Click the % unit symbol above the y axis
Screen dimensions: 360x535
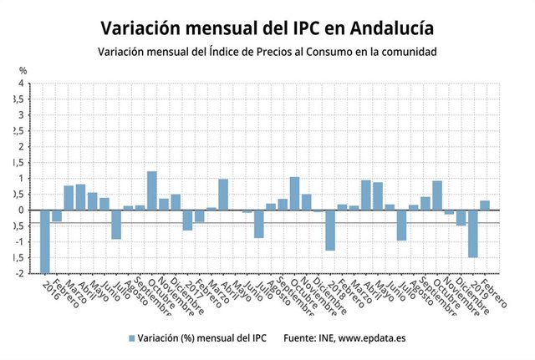[23, 70]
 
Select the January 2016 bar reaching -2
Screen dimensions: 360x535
[45, 241]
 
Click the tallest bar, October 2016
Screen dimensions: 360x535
[152, 190]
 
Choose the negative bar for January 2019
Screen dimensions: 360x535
[473, 234]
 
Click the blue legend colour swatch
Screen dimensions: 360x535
[131, 338]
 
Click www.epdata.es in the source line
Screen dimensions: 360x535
[377, 338]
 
